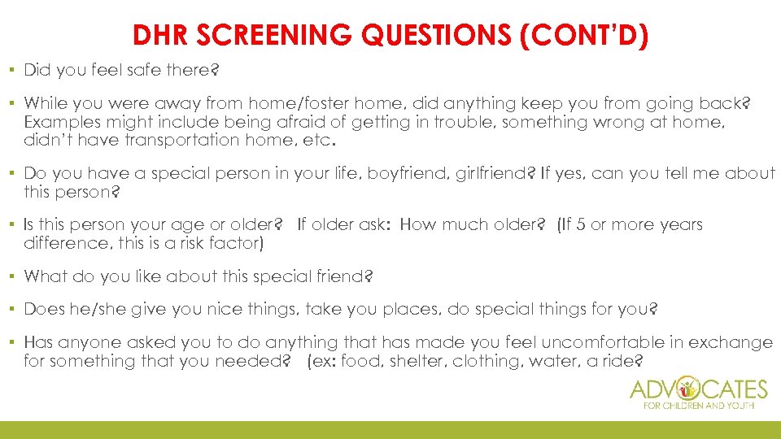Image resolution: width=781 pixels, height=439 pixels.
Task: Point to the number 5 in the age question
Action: point(578,224)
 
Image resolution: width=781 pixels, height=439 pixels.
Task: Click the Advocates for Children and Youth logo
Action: point(699,393)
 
